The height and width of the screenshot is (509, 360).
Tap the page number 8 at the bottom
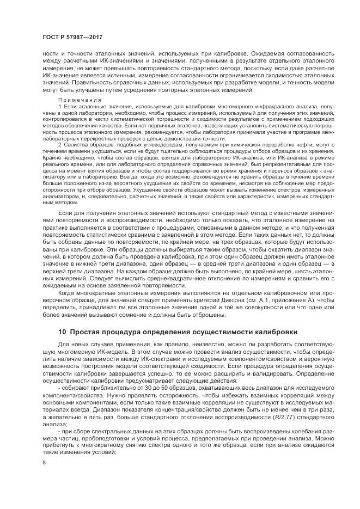pyautogui.click(x=44, y=463)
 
